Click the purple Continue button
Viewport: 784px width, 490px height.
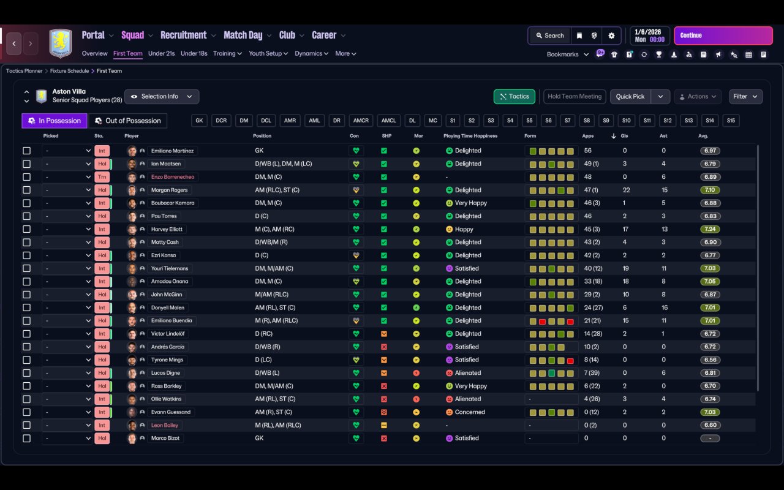(x=723, y=36)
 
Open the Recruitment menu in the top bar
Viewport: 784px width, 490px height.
(x=184, y=36)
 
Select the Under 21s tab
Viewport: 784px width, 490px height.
(x=161, y=53)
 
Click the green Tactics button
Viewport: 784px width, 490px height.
(x=514, y=96)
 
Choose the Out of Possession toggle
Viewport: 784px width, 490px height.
(x=128, y=121)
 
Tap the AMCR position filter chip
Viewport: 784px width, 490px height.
(x=361, y=121)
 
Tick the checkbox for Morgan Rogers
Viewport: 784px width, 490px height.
(x=26, y=190)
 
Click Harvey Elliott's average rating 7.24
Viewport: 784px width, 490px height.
(x=710, y=229)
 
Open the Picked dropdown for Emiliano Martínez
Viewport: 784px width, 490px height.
(x=67, y=151)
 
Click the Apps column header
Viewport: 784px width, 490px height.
(x=587, y=136)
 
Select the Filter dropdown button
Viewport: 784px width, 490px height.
(x=745, y=96)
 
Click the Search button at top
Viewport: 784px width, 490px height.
(x=549, y=36)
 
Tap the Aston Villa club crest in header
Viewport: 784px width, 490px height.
(x=60, y=43)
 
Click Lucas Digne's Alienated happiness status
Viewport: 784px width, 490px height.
(x=467, y=373)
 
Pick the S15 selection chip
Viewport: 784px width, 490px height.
(x=731, y=121)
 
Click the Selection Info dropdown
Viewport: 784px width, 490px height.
(x=162, y=96)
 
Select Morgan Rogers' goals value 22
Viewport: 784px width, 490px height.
(x=626, y=190)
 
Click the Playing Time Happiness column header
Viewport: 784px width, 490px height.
(x=470, y=136)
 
